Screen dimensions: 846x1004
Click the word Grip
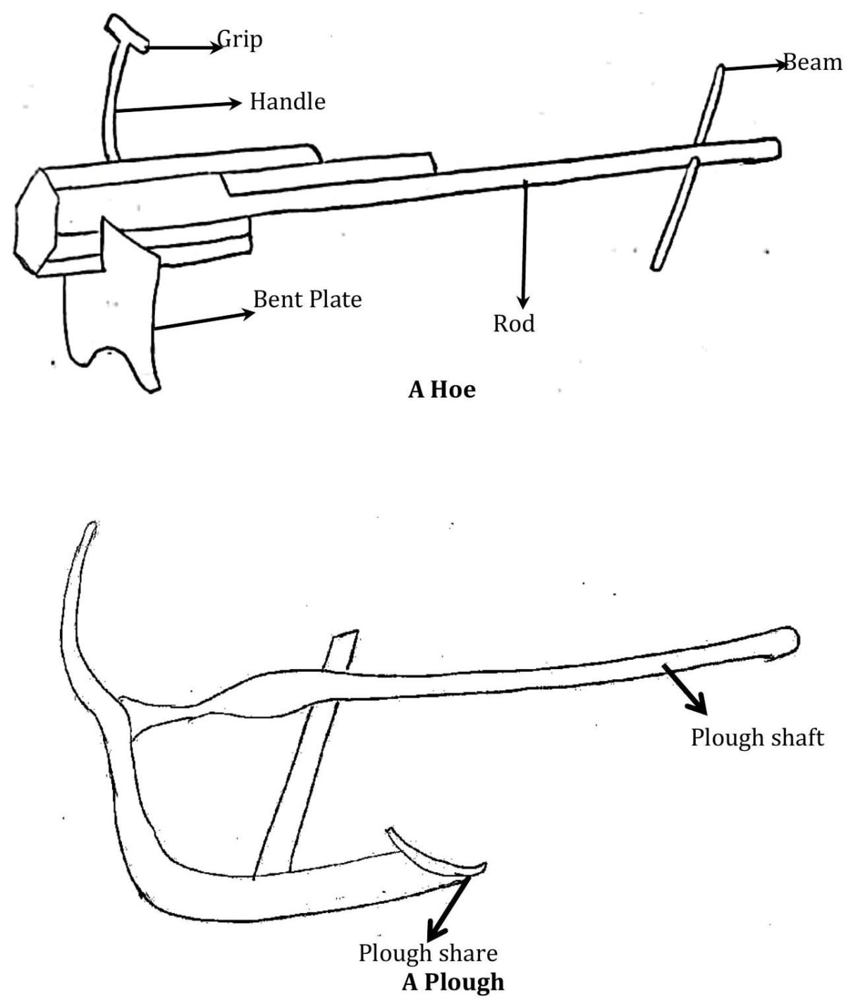click(x=240, y=39)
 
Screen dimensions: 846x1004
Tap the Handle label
click(x=288, y=102)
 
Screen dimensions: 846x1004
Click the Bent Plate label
click(x=307, y=300)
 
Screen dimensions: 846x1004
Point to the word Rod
click(x=514, y=324)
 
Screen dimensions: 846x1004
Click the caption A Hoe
click(x=442, y=389)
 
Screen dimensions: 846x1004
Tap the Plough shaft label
click(x=757, y=737)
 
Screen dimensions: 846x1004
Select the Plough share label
click(x=428, y=953)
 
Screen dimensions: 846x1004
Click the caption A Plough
click(x=453, y=981)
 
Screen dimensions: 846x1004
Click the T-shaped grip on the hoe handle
click(x=128, y=34)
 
